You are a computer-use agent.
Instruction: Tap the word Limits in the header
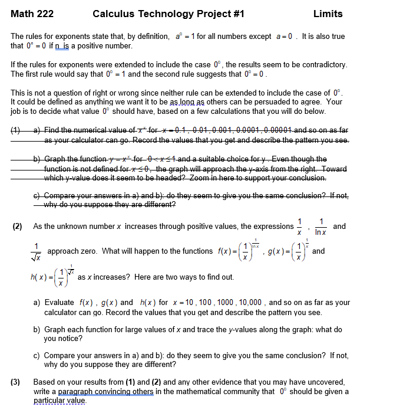pyautogui.click(x=328, y=14)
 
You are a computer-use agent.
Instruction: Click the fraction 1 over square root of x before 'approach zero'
pyautogui.click(x=37, y=251)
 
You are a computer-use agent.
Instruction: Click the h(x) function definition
pyautogui.click(x=52, y=276)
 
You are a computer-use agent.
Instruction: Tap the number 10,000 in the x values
pyautogui.click(x=252, y=302)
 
